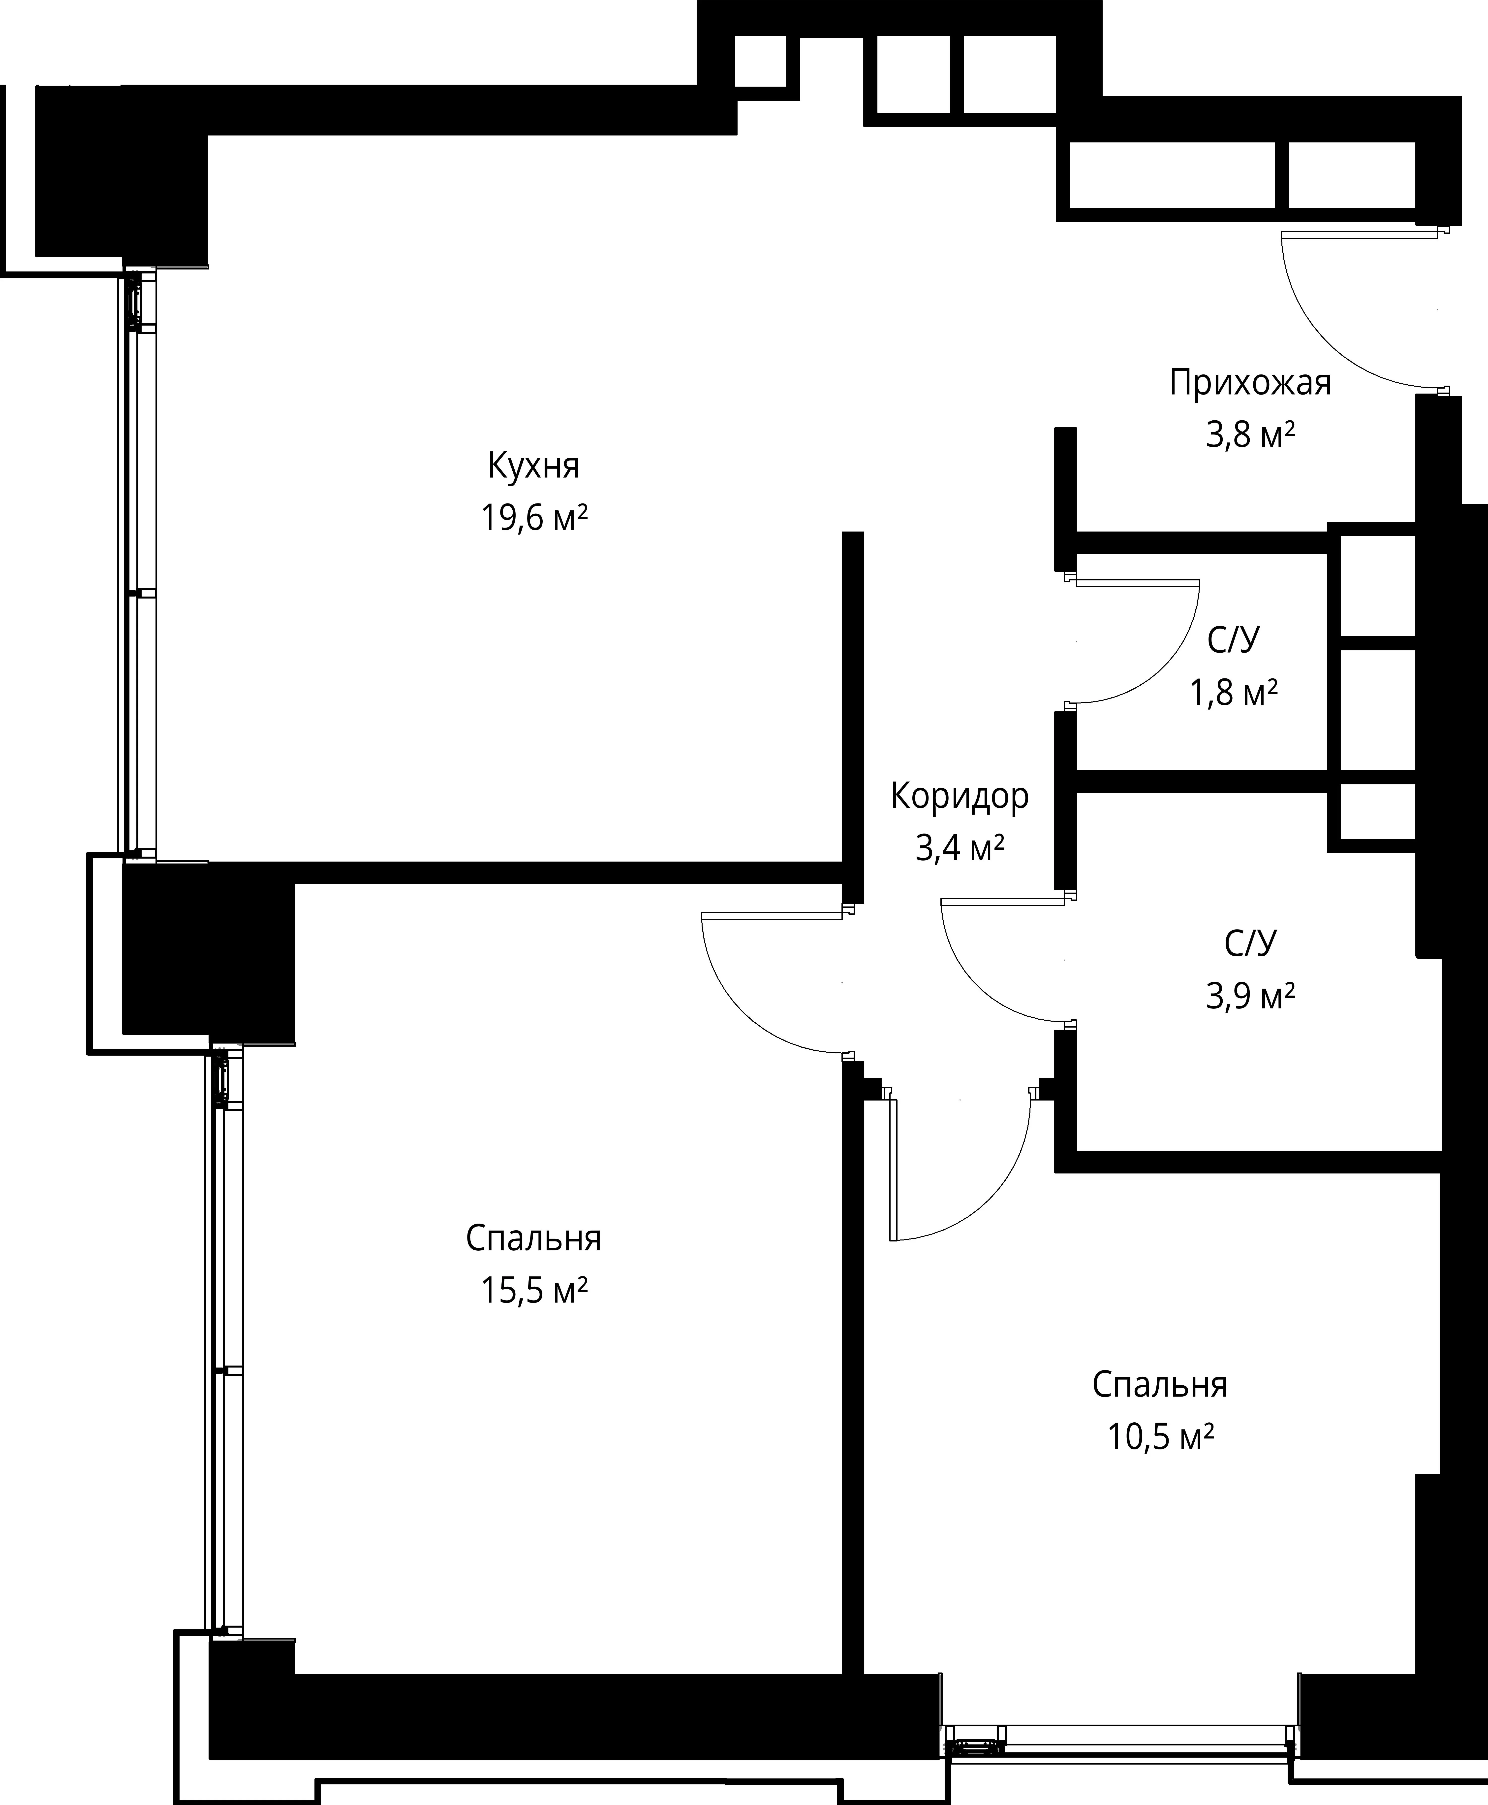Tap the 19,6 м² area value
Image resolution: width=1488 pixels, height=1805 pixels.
pyautogui.click(x=534, y=518)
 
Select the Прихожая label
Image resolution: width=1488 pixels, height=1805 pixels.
pyautogui.click(x=1250, y=383)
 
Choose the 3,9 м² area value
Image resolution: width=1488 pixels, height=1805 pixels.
pyautogui.click(x=1250, y=996)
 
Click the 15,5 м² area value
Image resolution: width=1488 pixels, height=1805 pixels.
pyautogui.click(x=534, y=1290)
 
